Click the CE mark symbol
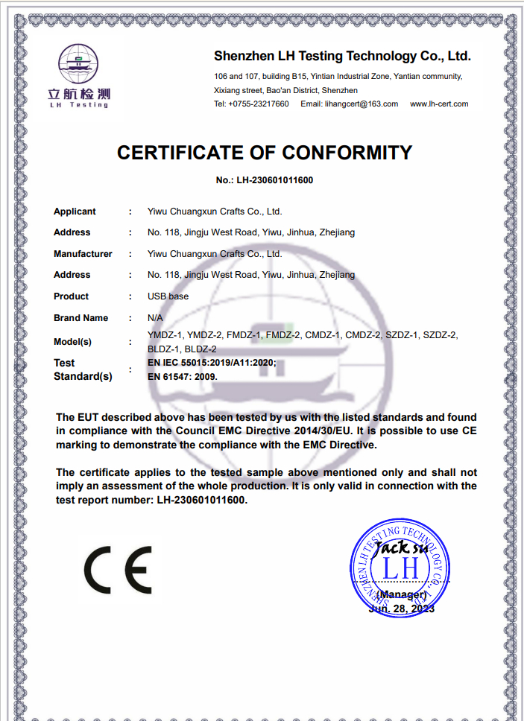click(x=118, y=570)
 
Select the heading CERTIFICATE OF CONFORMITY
click(x=265, y=153)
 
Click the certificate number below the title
click(x=265, y=180)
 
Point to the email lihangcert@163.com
click(x=350, y=104)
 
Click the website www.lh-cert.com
click(x=439, y=104)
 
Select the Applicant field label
click(x=75, y=212)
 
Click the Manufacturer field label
click(x=83, y=254)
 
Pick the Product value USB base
click(x=168, y=296)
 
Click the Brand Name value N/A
click(x=155, y=318)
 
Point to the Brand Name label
click(x=81, y=318)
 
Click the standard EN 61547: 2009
click(x=183, y=376)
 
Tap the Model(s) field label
click(x=72, y=342)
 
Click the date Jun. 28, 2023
click(x=402, y=609)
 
